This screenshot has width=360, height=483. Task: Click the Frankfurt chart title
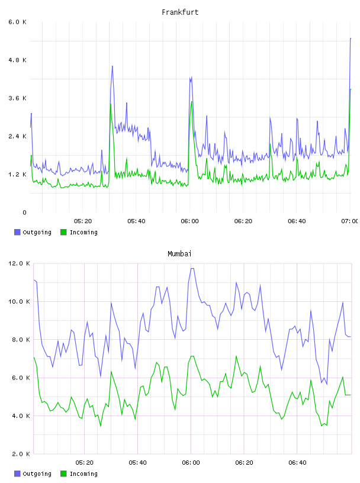click(x=180, y=12)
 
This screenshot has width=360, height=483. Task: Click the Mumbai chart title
click(x=179, y=254)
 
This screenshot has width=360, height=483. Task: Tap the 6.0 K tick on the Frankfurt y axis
click(x=18, y=22)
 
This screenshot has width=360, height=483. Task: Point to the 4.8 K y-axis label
click(x=18, y=60)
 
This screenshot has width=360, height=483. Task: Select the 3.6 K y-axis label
click(x=18, y=98)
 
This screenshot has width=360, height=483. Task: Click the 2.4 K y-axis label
click(x=18, y=137)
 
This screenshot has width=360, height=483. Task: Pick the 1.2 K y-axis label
click(x=18, y=175)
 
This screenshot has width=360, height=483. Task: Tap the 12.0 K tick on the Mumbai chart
click(x=19, y=263)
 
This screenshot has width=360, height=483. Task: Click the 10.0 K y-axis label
click(x=19, y=301)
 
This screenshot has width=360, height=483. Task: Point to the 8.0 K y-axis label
click(x=21, y=340)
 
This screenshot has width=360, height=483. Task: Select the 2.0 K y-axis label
click(x=21, y=454)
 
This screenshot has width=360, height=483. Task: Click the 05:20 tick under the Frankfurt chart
click(x=83, y=221)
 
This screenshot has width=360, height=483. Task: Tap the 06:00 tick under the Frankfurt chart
click(x=190, y=221)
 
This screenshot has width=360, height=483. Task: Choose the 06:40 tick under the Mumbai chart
click(x=297, y=463)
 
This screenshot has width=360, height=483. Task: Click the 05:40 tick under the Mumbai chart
click(x=138, y=463)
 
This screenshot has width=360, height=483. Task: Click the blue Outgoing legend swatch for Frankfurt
click(x=17, y=232)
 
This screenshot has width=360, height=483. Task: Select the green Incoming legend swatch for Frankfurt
click(x=63, y=232)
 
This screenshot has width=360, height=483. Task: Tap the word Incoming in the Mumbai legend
click(x=83, y=474)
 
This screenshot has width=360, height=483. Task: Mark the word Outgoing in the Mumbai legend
click(x=37, y=474)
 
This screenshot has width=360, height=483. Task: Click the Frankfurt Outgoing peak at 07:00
click(x=351, y=38)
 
